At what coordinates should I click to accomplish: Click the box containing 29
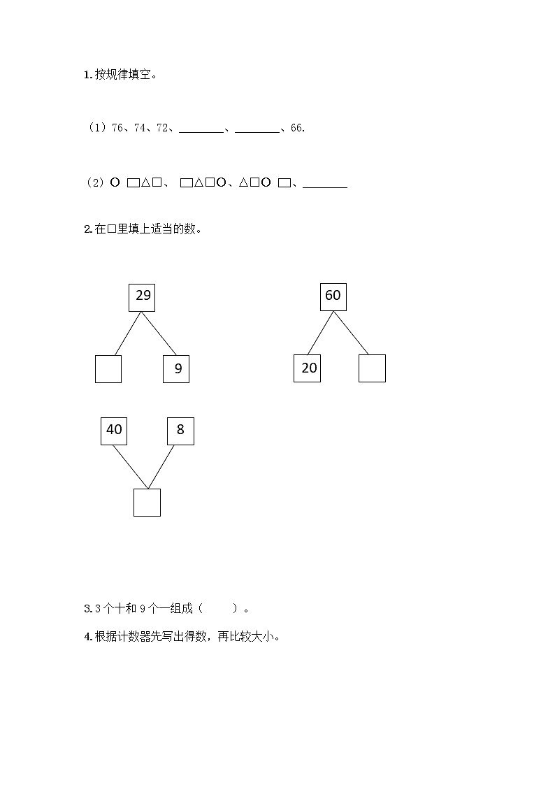click(142, 296)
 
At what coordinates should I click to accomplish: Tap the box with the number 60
click(333, 296)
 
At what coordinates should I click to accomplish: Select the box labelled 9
click(176, 368)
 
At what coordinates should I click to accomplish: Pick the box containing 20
click(307, 368)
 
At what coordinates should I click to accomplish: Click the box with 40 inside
click(114, 431)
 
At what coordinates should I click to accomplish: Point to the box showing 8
click(180, 431)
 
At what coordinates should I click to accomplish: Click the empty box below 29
click(108, 368)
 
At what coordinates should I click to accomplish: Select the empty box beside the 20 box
click(372, 368)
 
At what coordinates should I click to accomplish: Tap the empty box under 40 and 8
click(147, 503)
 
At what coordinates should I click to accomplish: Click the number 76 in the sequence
click(117, 128)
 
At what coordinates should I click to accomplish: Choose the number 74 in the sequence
click(140, 128)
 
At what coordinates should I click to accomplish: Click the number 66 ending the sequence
click(296, 128)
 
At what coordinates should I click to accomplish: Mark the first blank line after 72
click(201, 130)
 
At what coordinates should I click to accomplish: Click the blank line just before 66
click(257, 130)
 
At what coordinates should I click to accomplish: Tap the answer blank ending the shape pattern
click(325, 186)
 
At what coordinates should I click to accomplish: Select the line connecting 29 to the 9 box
click(159, 333)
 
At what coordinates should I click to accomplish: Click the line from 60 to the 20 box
click(320, 333)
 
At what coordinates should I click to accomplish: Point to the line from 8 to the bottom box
click(161, 467)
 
